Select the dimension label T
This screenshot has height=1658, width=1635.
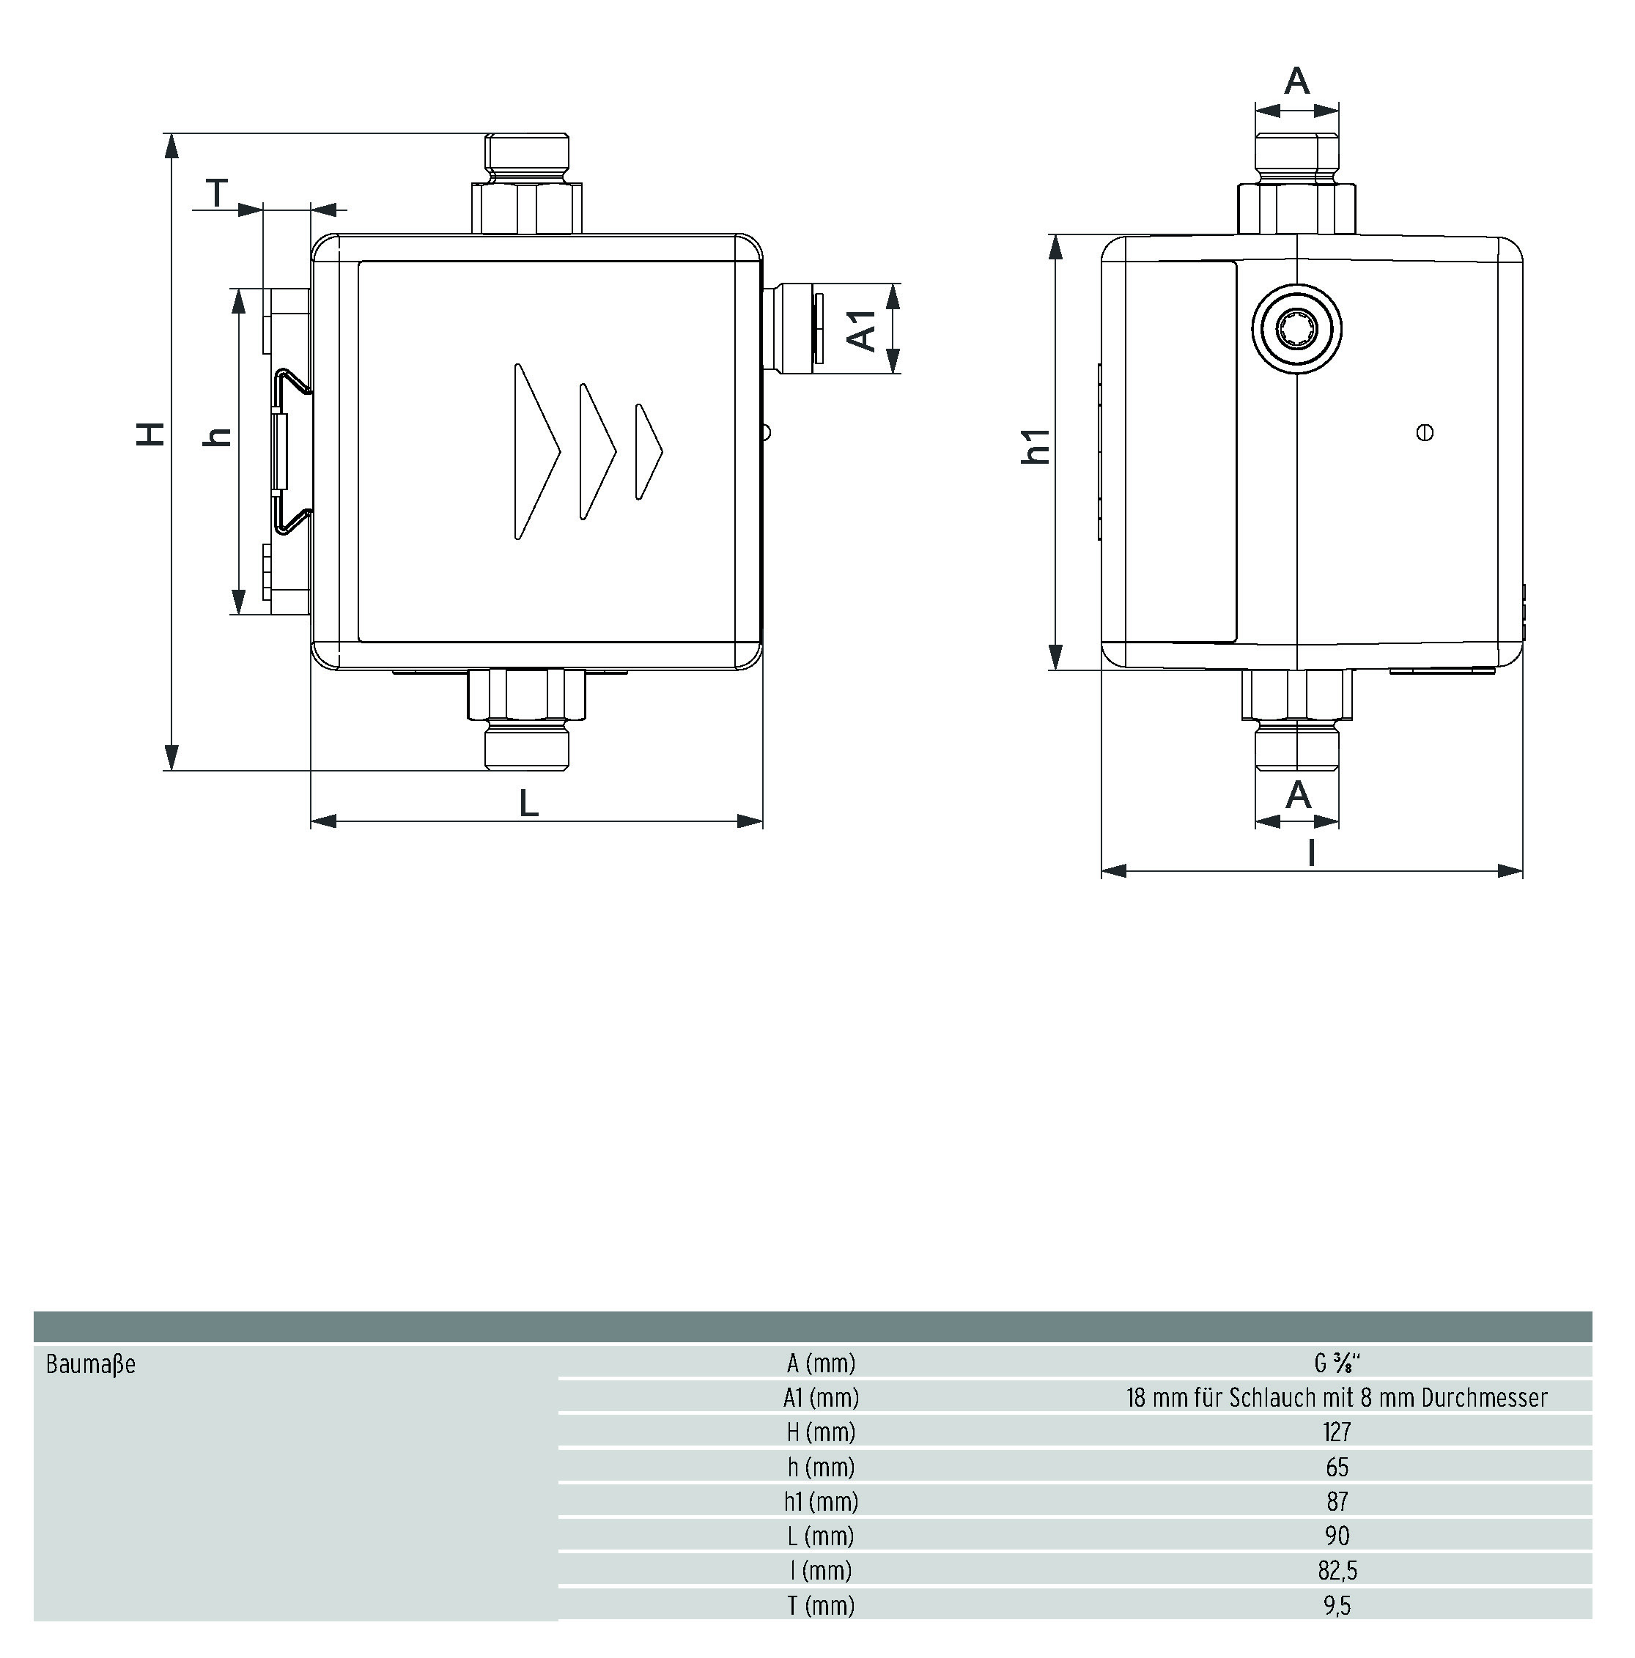point(217,193)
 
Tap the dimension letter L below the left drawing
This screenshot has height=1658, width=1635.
point(528,802)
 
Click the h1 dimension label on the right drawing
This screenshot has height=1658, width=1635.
point(1036,446)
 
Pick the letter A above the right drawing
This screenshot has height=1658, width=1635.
point(1297,81)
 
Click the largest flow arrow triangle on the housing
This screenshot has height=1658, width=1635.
point(536,451)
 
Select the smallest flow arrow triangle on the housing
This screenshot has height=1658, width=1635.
point(648,451)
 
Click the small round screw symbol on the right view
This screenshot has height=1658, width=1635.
point(1425,432)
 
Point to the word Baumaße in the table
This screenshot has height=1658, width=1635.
point(91,1363)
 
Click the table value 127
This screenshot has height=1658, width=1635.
point(1336,1432)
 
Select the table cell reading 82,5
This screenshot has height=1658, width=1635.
point(1336,1569)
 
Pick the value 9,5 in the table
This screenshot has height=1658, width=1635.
point(1336,1605)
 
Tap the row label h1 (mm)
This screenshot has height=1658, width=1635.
point(821,1501)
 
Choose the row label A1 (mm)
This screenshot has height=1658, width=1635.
point(821,1398)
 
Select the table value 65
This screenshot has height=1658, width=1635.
point(1336,1467)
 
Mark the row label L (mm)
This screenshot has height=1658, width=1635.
point(821,1536)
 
